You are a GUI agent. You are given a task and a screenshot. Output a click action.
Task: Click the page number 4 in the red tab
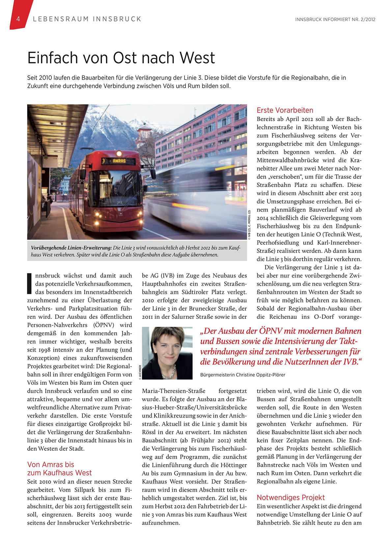click(18, 19)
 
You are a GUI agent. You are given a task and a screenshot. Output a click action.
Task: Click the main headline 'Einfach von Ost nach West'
click(121, 58)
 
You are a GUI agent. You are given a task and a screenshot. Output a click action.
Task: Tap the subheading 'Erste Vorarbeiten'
click(285, 110)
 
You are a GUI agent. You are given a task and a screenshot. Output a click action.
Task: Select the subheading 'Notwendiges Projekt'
click(291, 498)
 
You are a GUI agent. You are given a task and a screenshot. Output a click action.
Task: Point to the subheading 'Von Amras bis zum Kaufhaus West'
click(59, 469)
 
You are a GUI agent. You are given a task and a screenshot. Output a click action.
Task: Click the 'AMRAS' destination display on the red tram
click(119, 161)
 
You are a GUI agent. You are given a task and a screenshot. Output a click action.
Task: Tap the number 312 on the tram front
click(120, 202)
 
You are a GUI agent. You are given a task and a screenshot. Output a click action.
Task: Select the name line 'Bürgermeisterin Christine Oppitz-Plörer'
click(242, 375)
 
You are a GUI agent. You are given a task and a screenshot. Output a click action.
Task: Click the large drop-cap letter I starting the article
click(30, 283)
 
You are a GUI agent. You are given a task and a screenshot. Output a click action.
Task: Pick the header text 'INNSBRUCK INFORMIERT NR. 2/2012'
click(335, 19)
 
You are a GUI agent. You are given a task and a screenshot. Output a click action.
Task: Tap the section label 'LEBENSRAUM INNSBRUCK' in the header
click(87, 19)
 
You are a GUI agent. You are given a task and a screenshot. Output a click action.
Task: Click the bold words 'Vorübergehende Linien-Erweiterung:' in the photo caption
click(71, 248)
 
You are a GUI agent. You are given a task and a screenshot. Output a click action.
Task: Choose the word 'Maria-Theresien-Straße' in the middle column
click(174, 391)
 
